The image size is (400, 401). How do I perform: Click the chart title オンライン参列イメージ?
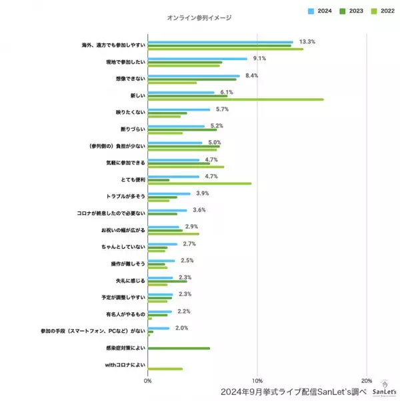point(199,17)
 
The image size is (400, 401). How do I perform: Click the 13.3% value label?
point(307,41)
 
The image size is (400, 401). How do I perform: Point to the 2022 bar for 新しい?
point(235,99)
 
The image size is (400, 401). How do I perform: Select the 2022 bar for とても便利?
point(199,183)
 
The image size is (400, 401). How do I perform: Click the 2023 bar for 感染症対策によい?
point(179,348)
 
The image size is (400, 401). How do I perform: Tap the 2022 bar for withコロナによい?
point(165,369)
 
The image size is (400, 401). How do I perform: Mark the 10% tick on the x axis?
point(257,381)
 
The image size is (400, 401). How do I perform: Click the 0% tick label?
point(147,381)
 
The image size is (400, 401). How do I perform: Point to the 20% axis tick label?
point(366,381)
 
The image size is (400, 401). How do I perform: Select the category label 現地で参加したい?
point(125,61)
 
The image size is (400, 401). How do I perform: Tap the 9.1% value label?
point(260,59)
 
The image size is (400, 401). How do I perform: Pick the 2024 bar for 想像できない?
point(193,76)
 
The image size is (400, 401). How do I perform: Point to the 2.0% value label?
point(181,328)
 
